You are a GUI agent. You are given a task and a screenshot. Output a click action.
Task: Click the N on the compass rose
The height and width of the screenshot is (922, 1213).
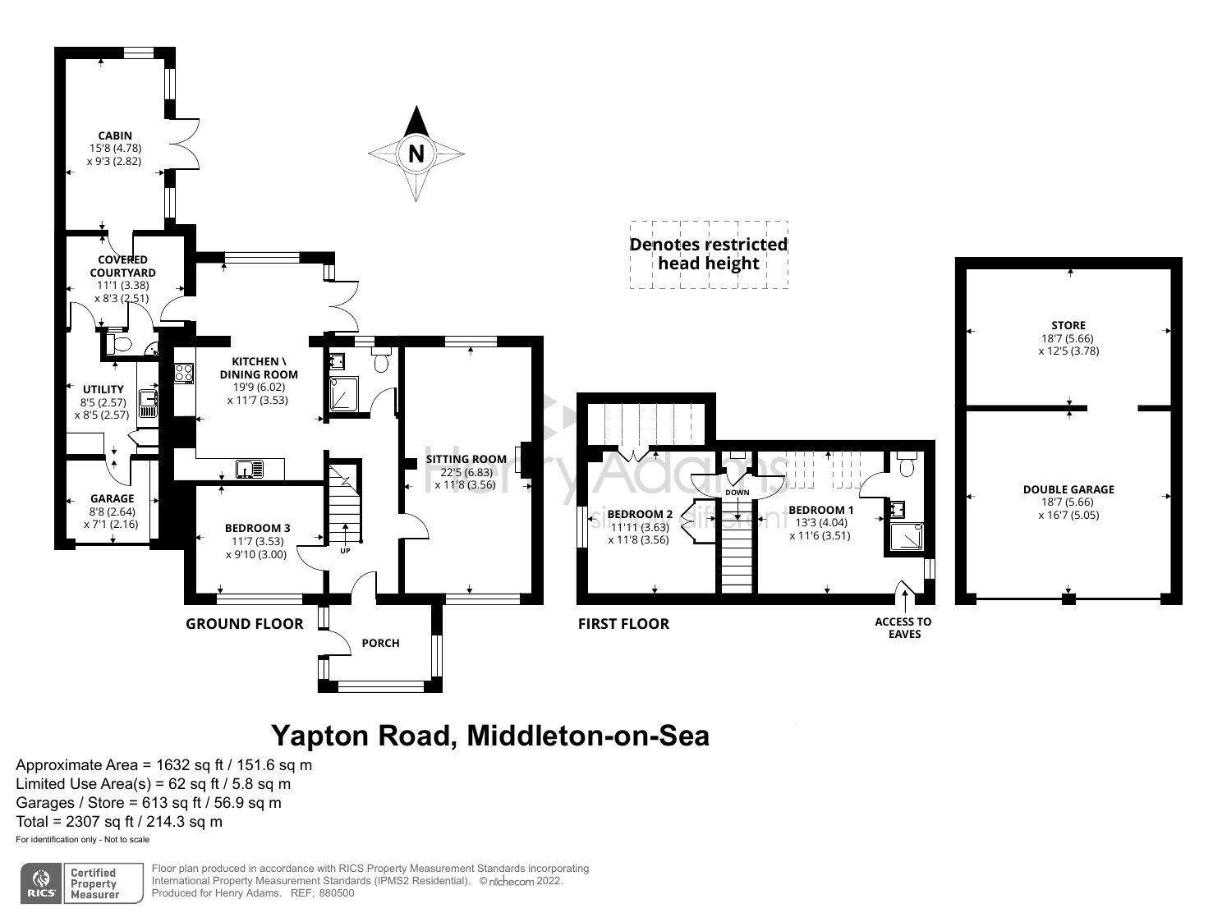point(416,154)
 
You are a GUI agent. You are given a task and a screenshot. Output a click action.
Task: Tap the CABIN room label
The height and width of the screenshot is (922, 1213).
point(115,135)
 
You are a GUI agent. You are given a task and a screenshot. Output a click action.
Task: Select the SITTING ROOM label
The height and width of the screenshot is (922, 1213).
point(466,459)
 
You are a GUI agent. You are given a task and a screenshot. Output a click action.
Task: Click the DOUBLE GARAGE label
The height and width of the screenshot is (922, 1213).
point(1068,489)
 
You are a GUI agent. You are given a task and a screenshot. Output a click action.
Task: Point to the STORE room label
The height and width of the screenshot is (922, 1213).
point(1068,325)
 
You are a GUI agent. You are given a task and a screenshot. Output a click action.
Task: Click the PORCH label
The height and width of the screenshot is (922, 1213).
point(380,643)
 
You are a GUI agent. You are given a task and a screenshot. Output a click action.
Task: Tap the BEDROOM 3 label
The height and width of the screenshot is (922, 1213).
point(258,528)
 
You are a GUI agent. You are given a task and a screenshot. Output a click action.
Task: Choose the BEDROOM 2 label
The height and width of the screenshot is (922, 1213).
point(640,514)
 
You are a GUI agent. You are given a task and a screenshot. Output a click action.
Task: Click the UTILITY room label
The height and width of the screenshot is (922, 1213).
point(103,389)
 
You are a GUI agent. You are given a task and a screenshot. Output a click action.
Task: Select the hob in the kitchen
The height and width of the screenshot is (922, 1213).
point(183,374)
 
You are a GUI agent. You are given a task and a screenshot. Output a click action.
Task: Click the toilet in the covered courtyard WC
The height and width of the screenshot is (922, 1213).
point(119,344)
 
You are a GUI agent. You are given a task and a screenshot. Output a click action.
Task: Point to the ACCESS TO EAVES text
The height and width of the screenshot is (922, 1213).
point(903,628)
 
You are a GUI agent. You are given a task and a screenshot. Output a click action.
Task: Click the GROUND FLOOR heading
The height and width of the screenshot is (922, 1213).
point(244,624)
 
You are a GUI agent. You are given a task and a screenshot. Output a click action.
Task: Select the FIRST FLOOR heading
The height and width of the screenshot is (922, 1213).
point(623,624)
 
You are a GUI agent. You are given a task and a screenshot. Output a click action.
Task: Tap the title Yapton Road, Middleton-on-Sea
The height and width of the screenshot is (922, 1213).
point(490,736)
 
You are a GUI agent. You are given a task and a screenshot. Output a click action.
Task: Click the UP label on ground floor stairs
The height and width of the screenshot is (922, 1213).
point(345,550)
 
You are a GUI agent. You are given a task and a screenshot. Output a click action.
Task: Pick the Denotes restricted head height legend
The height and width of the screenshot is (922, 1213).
point(708,254)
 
